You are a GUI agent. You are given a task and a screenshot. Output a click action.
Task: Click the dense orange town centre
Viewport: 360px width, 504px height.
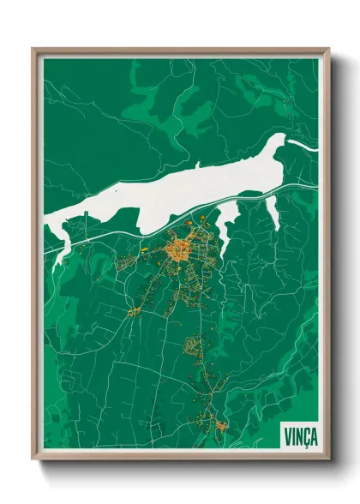pos(181,250)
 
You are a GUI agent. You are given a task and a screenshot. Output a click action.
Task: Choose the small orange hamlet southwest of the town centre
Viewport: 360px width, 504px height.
pos(135,309)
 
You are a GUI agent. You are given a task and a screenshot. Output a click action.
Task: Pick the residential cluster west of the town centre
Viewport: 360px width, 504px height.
pos(124,262)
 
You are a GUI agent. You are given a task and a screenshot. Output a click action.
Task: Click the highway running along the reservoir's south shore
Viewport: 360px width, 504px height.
pos(137,230)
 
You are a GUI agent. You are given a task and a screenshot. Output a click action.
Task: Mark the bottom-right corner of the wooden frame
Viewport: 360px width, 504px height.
pos(328,460)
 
